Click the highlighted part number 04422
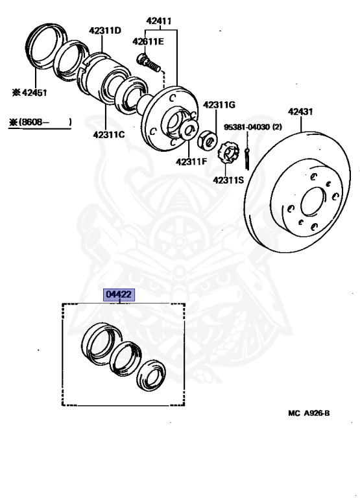119,295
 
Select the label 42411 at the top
158,21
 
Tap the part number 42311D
105,30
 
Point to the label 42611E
148,41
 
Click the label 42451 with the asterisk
29,93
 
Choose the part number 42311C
109,135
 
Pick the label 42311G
219,104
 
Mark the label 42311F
191,161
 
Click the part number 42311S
228,180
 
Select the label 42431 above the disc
300,112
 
